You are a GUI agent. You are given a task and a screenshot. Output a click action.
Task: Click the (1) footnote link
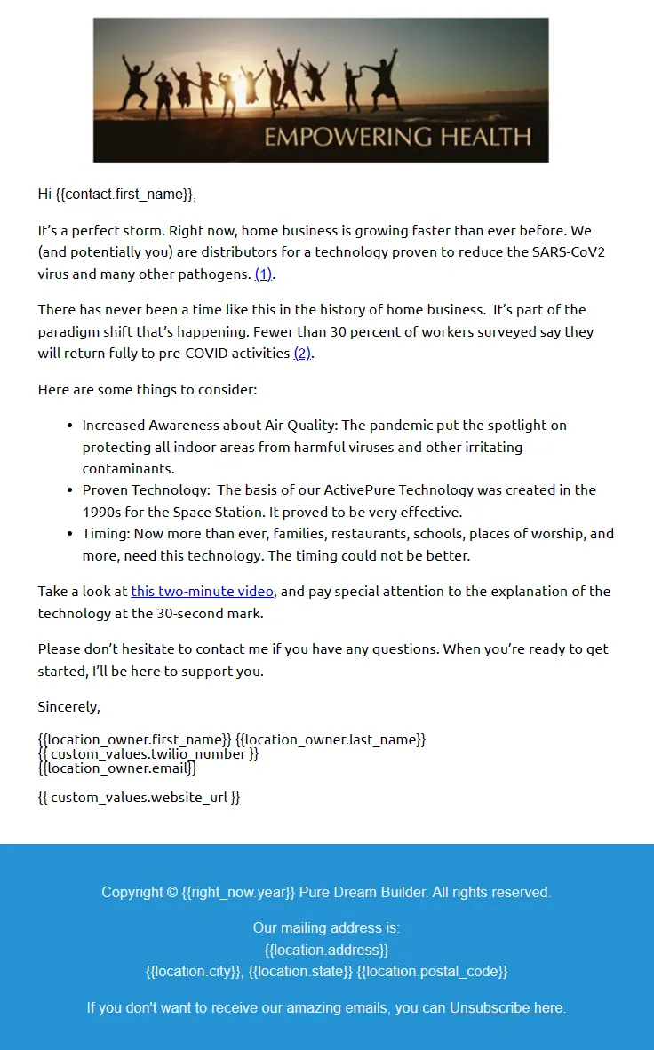coord(264,274)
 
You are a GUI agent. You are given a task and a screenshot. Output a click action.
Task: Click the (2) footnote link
coord(303,354)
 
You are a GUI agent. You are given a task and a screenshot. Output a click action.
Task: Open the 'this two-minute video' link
coord(203,592)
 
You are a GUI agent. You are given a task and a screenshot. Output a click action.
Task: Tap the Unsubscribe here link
coord(506,1007)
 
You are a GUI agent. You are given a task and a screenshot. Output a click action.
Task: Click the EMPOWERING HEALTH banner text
coord(397,137)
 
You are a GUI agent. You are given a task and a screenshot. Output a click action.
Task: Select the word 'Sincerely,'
coord(69,707)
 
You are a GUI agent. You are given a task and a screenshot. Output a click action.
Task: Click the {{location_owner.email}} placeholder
coord(117,768)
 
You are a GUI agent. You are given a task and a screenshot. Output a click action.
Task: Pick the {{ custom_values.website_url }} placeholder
coord(139,797)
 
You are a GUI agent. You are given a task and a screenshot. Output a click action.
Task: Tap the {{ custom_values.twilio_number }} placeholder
coord(148,754)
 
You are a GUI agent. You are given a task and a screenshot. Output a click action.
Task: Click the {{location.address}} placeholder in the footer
coord(327,950)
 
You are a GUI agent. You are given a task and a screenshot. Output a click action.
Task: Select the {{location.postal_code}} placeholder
coord(432,972)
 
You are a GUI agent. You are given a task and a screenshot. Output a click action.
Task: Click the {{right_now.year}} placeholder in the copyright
coord(238,892)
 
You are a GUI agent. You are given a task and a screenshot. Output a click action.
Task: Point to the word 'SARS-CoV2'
coord(568,252)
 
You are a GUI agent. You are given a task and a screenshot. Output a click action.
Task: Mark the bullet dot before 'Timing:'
coord(70,534)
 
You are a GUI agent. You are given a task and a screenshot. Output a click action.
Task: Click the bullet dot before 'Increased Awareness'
coord(70,426)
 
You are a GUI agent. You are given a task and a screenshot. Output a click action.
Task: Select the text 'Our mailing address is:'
coord(327,928)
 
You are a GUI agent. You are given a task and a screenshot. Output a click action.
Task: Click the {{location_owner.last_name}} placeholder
coord(331,739)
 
